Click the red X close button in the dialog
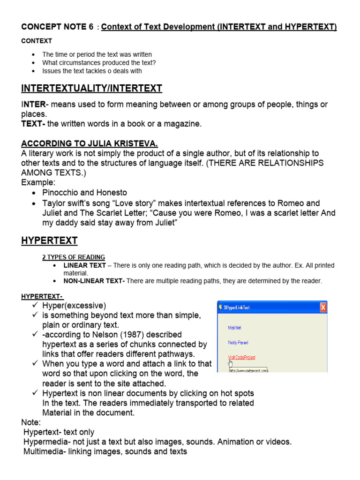pos(323,308)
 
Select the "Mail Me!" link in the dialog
pos(235,328)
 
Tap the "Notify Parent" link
pos(238,342)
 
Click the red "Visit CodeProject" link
pos(241,357)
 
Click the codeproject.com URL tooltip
pos(248,370)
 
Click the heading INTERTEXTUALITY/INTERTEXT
pos(91,88)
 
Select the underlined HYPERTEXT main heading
pos(49,241)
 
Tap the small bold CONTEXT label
pos(37,41)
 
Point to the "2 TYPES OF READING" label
pos(74,257)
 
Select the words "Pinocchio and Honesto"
pos(84,193)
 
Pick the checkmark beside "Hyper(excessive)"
pos(35,306)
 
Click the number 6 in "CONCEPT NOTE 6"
pos(91,27)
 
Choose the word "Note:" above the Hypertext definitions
pos(31,422)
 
